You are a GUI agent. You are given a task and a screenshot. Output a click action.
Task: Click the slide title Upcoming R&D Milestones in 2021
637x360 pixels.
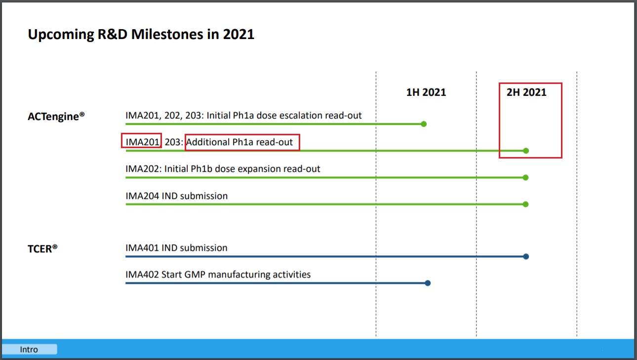click(141, 35)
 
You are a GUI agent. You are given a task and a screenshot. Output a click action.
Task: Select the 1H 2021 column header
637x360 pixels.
click(426, 92)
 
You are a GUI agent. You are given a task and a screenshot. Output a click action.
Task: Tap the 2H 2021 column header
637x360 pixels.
click(526, 92)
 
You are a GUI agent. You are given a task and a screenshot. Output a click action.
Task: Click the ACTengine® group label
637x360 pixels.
click(56, 117)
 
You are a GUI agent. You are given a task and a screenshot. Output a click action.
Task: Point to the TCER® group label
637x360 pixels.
click(42, 248)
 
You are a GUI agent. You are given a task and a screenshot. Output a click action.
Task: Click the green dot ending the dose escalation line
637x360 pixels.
click(423, 124)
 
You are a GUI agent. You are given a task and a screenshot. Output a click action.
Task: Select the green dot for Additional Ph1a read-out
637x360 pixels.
click(526, 151)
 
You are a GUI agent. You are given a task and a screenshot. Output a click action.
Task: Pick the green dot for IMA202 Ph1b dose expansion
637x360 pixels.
click(526, 177)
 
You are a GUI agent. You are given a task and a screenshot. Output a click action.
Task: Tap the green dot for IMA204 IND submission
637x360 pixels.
click(526, 204)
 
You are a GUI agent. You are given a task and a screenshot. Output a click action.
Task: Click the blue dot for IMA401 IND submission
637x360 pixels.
click(526, 256)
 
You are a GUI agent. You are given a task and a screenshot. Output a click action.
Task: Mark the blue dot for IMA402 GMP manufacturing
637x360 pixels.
click(428, 283)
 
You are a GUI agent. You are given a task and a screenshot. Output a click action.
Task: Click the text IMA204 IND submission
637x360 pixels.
click(176, 196)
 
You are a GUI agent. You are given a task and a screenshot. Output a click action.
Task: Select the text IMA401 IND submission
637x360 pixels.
click(176, 248)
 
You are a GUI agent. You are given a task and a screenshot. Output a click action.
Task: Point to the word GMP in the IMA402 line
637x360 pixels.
click(196, 275)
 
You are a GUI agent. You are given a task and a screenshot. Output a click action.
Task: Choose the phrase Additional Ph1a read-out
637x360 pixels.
click(240, 143)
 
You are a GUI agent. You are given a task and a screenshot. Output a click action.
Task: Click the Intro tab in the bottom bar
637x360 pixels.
click(29, 350)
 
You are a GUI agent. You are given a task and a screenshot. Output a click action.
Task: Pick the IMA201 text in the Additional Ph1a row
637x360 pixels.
click(142, 143)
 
